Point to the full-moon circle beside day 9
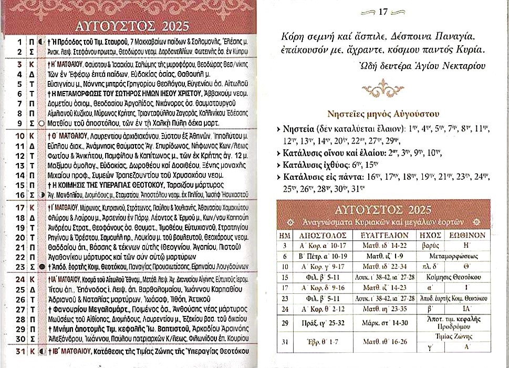[41, 123]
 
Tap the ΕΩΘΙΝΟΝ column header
[466, 237]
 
